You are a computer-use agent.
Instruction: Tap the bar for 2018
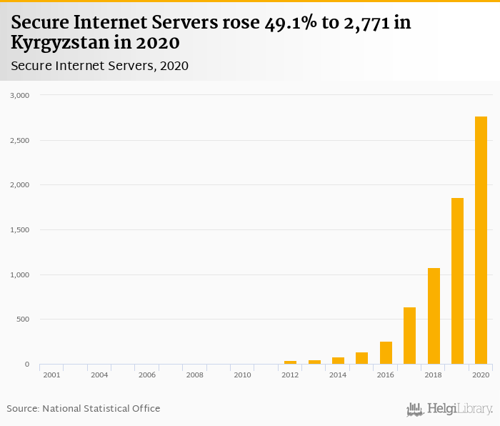click(434, 316)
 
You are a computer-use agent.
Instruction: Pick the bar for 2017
click(409, 336)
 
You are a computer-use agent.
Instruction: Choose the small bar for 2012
click(290, 362)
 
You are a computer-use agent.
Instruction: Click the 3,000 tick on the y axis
click(19, 95)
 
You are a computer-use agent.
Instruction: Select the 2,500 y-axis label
click(19, 140)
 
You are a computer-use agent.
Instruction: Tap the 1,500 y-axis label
click(19, 229)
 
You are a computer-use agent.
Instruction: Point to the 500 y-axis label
click(22, 319)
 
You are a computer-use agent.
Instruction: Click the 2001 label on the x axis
click(51, 375)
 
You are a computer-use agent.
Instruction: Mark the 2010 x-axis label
click(242, 375)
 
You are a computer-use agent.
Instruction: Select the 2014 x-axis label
click(338, 375)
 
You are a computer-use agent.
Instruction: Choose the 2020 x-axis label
click(481, 375)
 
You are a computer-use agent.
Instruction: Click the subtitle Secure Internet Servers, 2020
click(99, 66)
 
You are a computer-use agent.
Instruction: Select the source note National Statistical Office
click(101, 408)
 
